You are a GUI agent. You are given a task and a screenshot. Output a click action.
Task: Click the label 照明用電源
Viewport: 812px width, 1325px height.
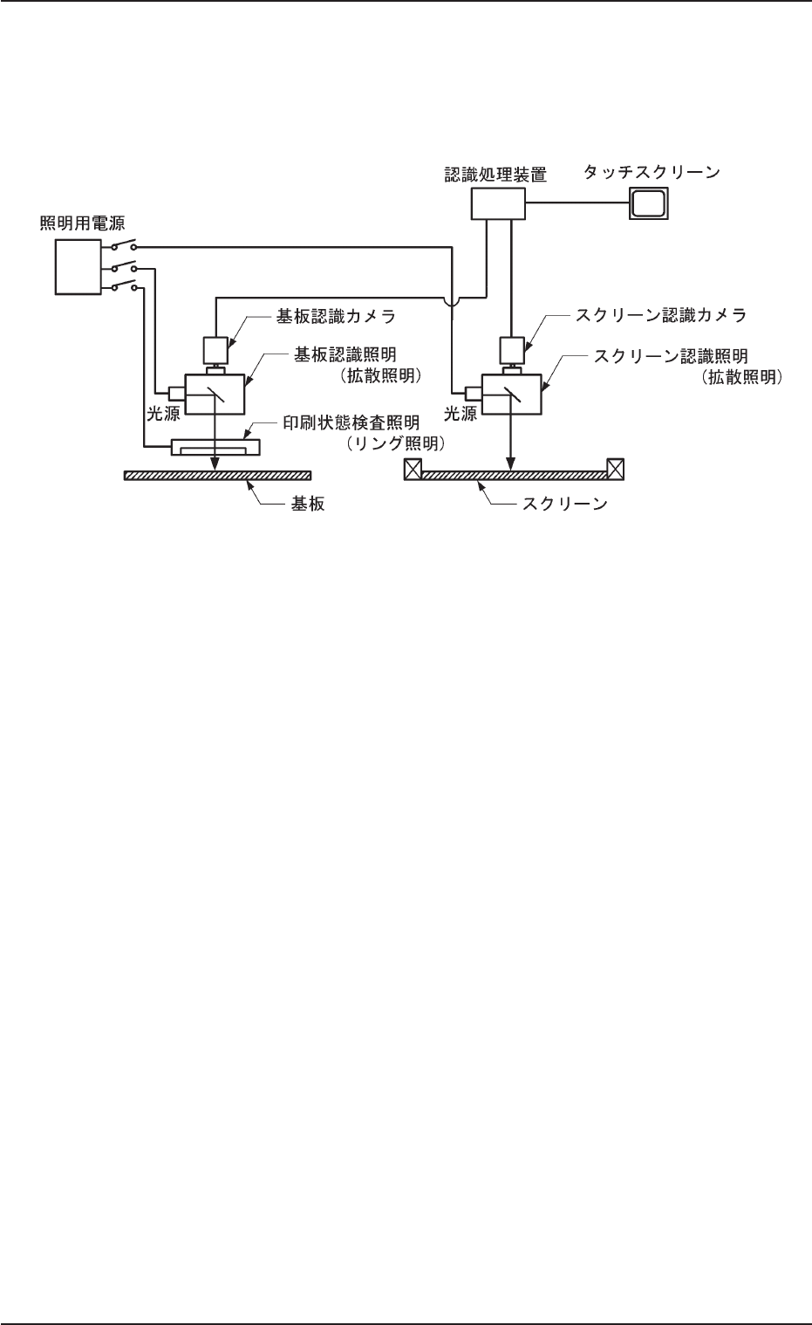[83, 224]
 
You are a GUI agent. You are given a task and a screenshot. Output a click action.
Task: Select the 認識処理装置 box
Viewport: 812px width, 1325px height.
[498, 204]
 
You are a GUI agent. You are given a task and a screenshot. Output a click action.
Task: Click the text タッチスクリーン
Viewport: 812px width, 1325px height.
[651, 173]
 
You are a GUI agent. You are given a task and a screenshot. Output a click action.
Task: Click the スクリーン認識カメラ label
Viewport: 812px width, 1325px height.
[652, 313]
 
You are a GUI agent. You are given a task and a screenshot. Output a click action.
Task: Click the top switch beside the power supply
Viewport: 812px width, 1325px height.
[121, 247]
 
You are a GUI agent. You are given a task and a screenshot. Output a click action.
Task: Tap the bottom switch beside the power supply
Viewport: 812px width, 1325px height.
[121, 287]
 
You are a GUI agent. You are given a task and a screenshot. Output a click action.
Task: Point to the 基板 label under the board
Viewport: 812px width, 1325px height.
[306, 505]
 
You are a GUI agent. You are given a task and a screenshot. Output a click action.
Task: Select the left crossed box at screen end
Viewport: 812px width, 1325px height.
[413, 469]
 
